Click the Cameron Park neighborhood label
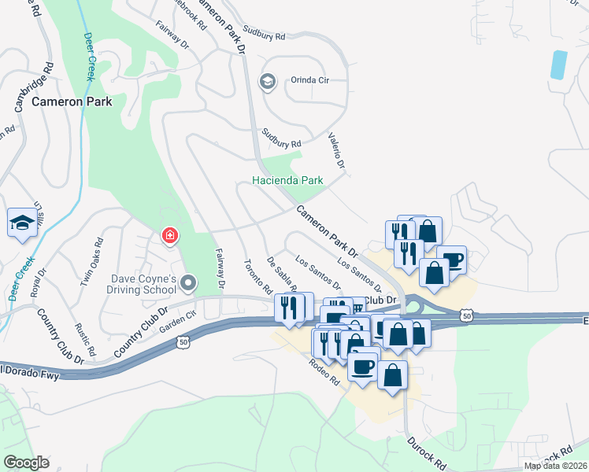(72, 101)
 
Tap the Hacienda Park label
(288, 180)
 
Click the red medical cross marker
(169, 235)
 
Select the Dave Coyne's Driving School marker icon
(188, 282)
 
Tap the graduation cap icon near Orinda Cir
(268, 81)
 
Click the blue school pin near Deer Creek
(22, 223)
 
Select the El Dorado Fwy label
(30, 372)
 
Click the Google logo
(27, 463)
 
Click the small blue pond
(558, 65)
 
